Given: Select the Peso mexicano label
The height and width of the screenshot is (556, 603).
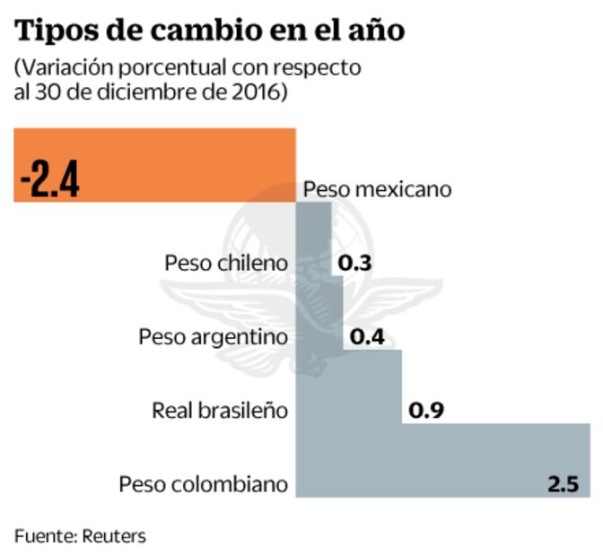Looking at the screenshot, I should tap(377, 190).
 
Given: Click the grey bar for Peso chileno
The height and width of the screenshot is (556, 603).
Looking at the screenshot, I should tap(313, 264).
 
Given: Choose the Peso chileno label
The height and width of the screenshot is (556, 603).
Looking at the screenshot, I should tap(227, 264).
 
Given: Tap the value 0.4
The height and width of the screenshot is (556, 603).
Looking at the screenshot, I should tap(367, 337).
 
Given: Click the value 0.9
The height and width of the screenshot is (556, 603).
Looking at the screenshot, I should tap(427, 411).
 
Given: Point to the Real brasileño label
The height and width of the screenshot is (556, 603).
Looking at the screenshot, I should tap(220, 411).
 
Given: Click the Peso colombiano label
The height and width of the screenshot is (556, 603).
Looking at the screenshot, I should tap(204, 484).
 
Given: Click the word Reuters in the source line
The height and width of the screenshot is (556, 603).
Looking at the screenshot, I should tap(113, 535).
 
